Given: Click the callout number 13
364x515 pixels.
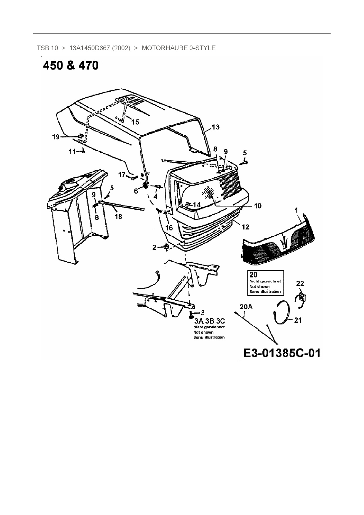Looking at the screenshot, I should click(215, 127).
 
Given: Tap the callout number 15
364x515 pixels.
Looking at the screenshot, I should click(135, 122).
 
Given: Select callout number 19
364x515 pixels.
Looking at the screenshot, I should click(56, 137).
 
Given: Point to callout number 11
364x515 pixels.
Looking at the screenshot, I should click(72, 152).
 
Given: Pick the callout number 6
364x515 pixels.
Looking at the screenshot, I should click(136, 191).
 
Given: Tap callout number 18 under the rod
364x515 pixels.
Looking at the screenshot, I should click(118, 217).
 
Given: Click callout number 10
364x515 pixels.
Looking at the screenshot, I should click(257, 206).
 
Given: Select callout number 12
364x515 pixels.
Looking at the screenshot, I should click(245, 227).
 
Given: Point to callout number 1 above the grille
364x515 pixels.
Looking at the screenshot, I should click(296, 210).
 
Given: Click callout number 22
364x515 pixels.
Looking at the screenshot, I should click(300, 284).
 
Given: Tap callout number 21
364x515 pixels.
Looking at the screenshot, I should click(298, 320).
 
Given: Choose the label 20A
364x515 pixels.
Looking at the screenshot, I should click(246, 307).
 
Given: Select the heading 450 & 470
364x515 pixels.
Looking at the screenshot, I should click(71, 65).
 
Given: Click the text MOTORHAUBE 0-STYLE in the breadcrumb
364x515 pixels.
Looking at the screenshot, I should click(178, 48).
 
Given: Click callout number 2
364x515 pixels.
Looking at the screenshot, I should click(154, 248).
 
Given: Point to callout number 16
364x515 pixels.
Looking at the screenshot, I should click(169, 228).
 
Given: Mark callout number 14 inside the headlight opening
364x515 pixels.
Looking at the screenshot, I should click(196, 205).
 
